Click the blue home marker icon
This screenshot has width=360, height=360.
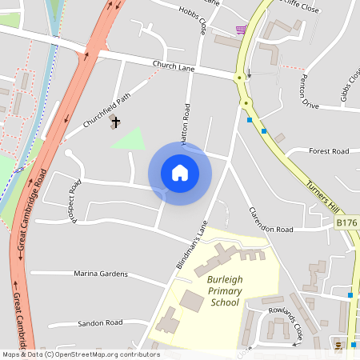pyautogui.click(x=180, y=173)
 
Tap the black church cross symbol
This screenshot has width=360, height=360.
pyautogui.click(x=116, y=122)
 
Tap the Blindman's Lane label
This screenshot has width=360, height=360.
pyautogui.click(x=191, y=244)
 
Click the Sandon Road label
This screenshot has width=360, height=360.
pyautogui.click(x=100, y=322)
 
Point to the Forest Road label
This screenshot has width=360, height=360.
pyautogui.click(x=329, y=150)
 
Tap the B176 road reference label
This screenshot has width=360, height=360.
pyautogui.click(x=347, y=222)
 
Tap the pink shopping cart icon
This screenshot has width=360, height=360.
pyautogui.click(x=241, y=30)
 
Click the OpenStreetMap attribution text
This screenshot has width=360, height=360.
pyautogui.click(x=81, y=354)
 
